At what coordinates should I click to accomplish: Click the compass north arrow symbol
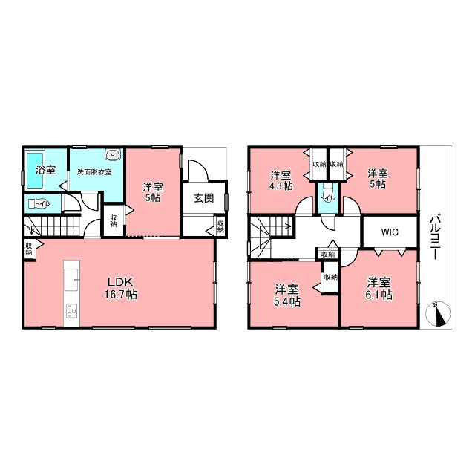(x=438, y=314)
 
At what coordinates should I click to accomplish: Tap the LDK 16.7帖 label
(x=120, y=288)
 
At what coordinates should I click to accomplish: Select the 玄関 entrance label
(x=204, y=198)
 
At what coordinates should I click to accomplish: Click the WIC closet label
(x=390, y=232)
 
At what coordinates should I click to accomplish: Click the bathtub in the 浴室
(x=35, y=170)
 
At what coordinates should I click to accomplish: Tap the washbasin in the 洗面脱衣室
(x=113, y=154)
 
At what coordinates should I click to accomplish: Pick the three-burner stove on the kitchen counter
(x=72, y=311)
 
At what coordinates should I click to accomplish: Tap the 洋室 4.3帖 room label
(x=281, y=180)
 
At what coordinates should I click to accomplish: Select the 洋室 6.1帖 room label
(x=379, y=289)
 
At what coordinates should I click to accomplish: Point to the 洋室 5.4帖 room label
(x=287, y=295)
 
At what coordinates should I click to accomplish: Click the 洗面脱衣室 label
(x=94, y=172)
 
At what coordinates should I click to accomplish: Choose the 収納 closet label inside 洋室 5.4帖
(x=330, y=277)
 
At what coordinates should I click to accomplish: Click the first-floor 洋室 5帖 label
(x=153, y=192)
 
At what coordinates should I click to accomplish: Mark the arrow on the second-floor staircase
(x=274, y=226)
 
